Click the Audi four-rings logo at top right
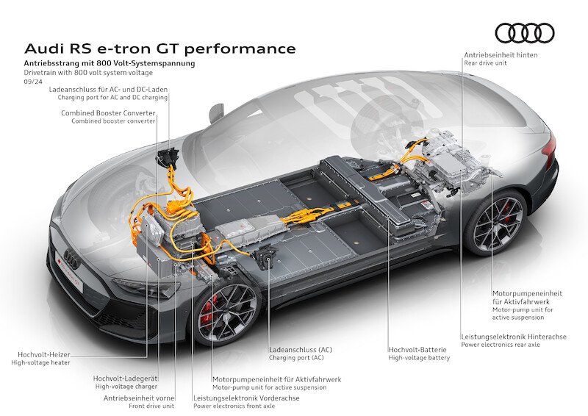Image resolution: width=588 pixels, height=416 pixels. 525,33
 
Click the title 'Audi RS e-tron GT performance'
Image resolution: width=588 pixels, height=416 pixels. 160,49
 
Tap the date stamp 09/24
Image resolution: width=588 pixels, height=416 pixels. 33,82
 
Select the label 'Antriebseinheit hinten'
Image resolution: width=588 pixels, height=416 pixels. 501,55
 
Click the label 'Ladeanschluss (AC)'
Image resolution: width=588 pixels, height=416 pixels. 301,350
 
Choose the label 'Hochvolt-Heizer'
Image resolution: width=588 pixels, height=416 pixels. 44,354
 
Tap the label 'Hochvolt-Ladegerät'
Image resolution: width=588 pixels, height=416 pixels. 125,379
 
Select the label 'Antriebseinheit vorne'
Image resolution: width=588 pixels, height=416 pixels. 139,398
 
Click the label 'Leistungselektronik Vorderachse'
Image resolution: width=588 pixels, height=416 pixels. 246,398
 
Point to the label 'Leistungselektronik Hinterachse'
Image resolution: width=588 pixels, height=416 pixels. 514,337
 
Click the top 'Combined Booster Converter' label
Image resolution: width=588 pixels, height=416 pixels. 108,113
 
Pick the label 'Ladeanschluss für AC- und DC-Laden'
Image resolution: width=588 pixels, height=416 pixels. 108,89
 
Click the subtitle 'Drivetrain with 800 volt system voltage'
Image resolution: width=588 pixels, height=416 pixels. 88,73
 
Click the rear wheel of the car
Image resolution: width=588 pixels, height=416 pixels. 497,223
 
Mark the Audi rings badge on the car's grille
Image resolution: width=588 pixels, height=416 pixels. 71,259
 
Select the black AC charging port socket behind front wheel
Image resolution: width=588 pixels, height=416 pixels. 266,259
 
